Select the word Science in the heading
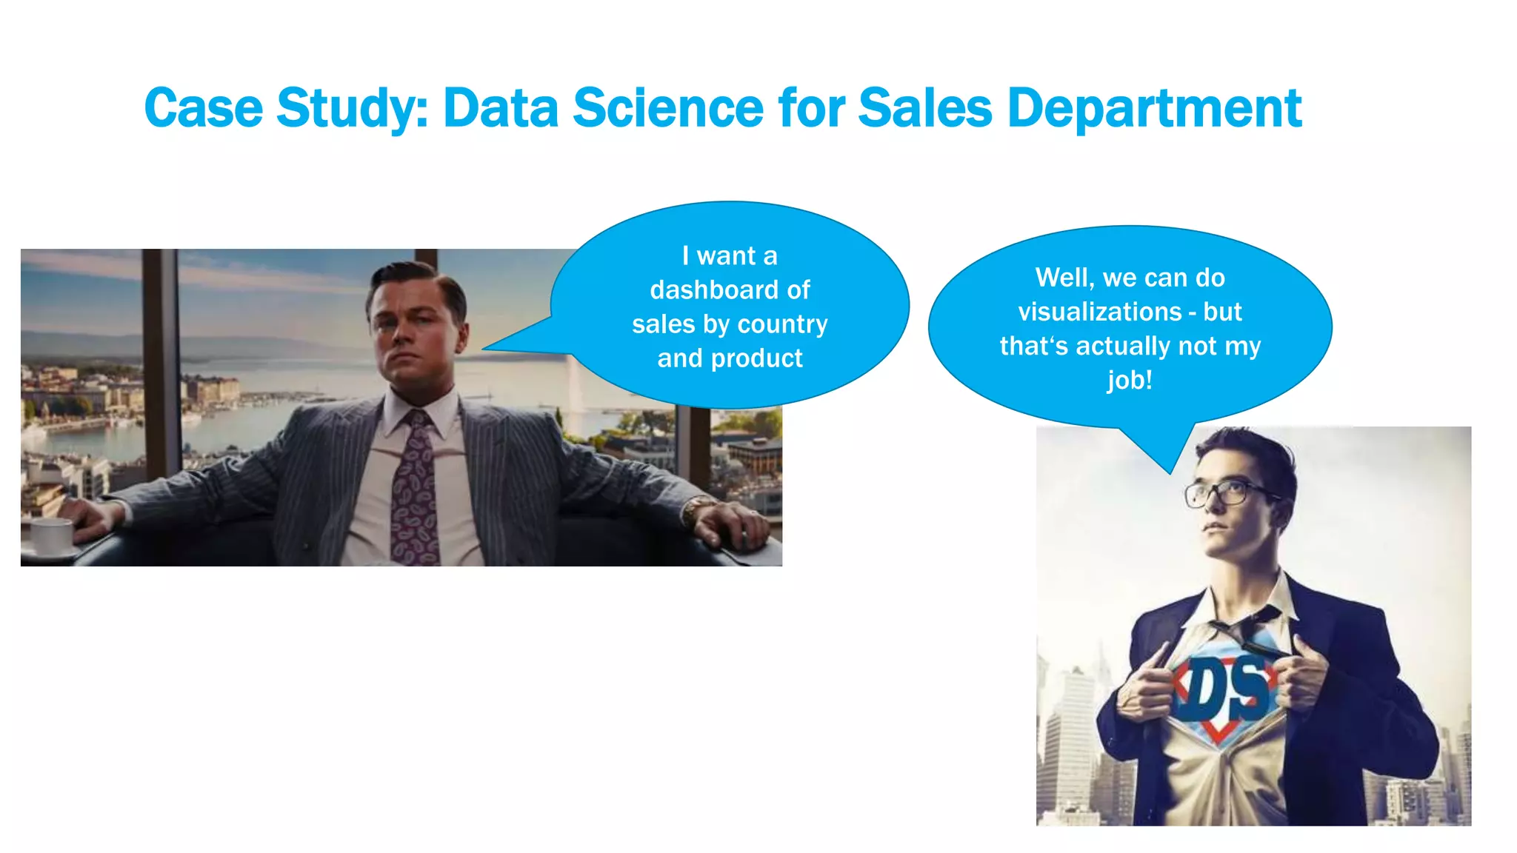(667, 109)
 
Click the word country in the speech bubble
(783, 324)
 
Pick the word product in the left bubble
(756, 358)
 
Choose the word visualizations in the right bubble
(1099, 312)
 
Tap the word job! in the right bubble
(1130, 380)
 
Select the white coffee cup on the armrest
(52, 535)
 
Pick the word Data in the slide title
(500, 109)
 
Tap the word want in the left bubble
(726, 256)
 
